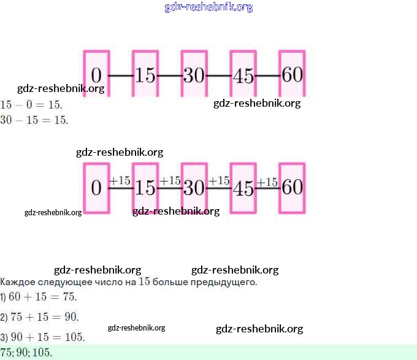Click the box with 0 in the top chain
click(x=96, y=74)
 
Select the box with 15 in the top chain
click(x=145, y=74)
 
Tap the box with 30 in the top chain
click(x=194, y=74)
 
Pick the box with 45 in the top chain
click(x=243, y=74)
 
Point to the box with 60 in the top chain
click(x=292, y=74)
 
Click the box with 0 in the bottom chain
click(x=96, y=187)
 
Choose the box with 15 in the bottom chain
click(x=145, y=187)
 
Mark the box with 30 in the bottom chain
click(x=194, y=187)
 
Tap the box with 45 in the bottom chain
click(x=243, y=187)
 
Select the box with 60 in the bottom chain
click(x=292, y=187)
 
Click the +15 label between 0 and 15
click(x=120, y=180)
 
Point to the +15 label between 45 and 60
click(x=267, y=182)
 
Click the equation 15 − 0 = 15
click(x=31, y=105)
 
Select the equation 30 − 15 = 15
click(x=34, y=120)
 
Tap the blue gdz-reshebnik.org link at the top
click(x=208, y=7)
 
